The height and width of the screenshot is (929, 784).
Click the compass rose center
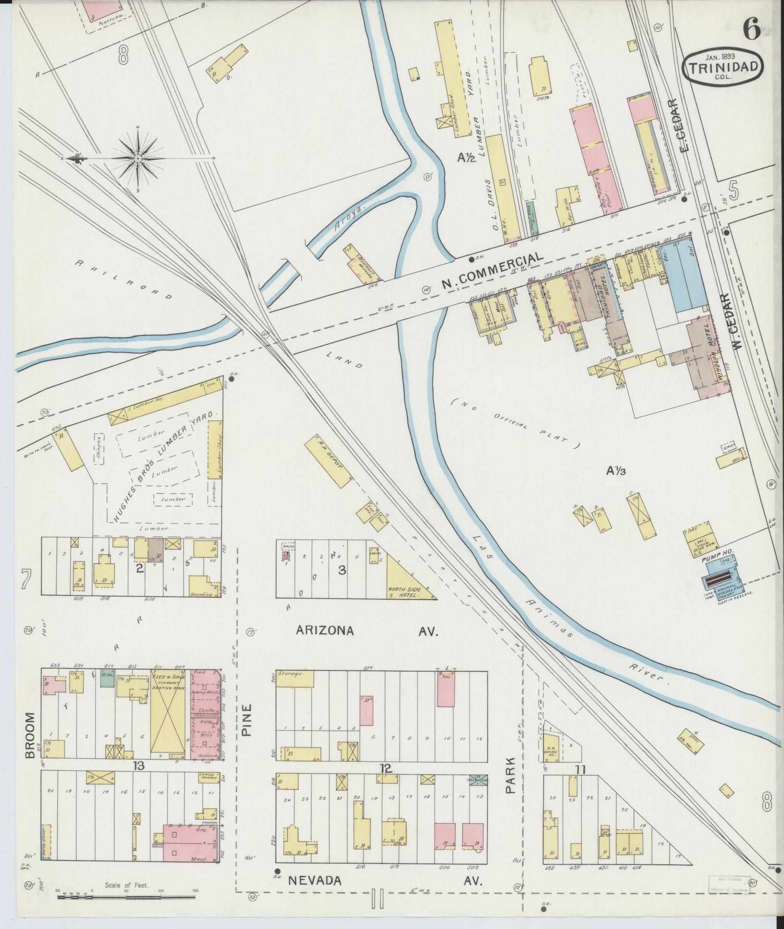tap(138, 159)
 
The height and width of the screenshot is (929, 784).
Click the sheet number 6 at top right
tap(751, 30)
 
